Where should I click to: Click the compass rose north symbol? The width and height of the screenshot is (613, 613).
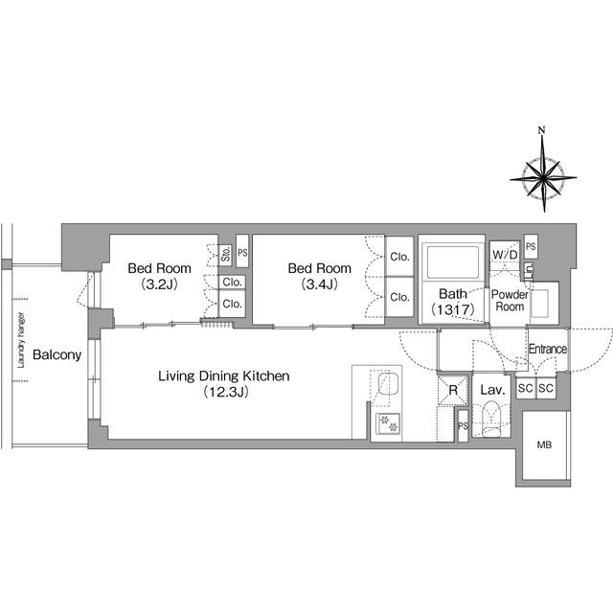543,178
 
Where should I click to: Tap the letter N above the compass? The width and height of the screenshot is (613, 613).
541,130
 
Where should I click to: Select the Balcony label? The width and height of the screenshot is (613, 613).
57,354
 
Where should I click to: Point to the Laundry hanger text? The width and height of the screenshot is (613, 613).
21,340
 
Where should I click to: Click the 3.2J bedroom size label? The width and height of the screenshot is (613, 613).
160,284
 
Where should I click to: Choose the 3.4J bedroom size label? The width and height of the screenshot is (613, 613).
319,284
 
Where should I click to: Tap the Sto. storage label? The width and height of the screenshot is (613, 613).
226,254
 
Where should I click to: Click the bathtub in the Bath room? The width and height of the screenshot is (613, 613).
453,261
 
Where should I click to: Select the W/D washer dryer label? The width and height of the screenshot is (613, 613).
505,255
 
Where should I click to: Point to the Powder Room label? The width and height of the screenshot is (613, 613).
510,300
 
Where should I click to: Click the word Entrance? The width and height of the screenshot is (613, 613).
547,349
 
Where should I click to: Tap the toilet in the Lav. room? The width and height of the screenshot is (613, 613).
491,419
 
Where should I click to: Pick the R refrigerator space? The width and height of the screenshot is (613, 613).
453,390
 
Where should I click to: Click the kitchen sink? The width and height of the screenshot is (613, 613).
388,384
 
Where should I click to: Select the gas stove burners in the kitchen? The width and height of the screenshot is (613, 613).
388,423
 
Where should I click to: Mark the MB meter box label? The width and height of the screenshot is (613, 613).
544,444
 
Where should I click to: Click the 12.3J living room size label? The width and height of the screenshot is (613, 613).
226,392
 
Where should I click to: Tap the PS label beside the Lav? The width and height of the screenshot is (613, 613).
463,425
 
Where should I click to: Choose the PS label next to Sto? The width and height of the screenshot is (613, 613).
242,253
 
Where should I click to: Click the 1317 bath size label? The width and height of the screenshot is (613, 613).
453,309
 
